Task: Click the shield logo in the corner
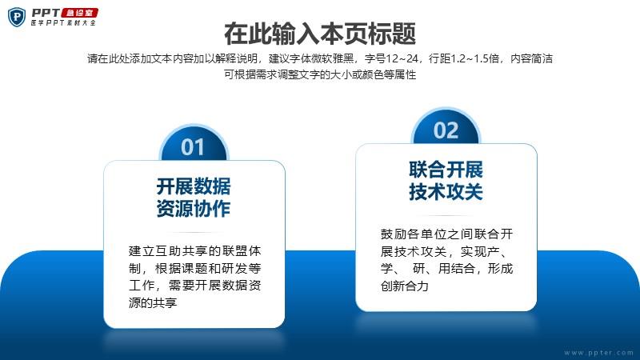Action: (x=17, y=17)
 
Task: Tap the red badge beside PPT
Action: (x=79, y=13)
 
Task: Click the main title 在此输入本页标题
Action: (x=320, y=34)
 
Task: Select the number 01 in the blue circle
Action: (x=193, y=147)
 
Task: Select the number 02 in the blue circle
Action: (x=446, y=130)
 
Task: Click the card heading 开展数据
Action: (x=194, y=186)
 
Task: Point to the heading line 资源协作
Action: (x=194, y=208)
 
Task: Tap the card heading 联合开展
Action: (x=446, y=170)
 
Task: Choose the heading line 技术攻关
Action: (x=446, y=191)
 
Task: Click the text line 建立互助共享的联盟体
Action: (x=194, y=250)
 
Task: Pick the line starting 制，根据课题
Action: (x=194, y=268)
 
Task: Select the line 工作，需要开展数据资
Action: (x=194, y=286)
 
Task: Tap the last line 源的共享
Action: (x=153, y=303)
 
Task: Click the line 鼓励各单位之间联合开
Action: (x=446, y=234)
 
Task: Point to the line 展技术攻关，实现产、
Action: (x=444, y=251)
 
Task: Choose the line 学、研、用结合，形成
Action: (x=446, y=269)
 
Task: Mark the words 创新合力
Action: (x=405, y=286)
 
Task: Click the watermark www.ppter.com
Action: (x=598, y=353)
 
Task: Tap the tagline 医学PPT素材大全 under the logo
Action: (x=63, y=23)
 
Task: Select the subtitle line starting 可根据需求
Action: (x=320, y=74)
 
